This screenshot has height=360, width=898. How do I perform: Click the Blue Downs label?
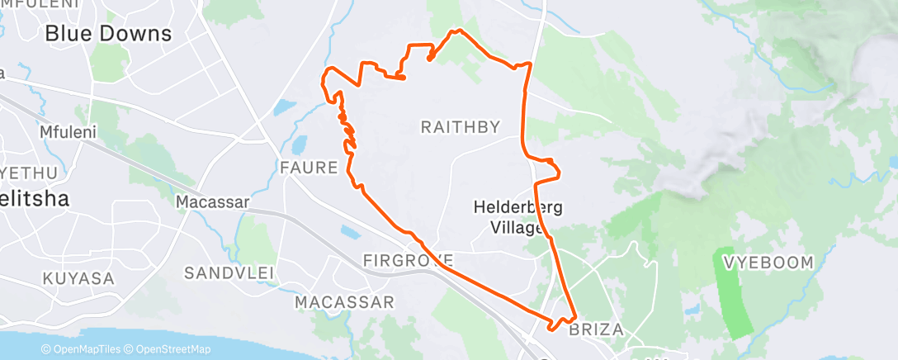pos(108,34)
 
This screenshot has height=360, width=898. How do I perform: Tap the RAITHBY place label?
pos(461,127)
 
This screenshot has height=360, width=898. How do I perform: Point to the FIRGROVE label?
pos(408,262)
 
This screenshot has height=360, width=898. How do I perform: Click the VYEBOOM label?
pos(768,263)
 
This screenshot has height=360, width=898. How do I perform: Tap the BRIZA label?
pos(596,329)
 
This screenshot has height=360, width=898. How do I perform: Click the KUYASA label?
pos(78,277)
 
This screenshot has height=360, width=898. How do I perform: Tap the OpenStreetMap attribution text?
pos(168,350)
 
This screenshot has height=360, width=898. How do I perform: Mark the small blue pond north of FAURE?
pos(298,145)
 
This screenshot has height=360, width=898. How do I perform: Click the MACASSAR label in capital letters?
pos(344,302)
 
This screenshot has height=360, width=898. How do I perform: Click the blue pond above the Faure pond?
pos(283,107)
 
